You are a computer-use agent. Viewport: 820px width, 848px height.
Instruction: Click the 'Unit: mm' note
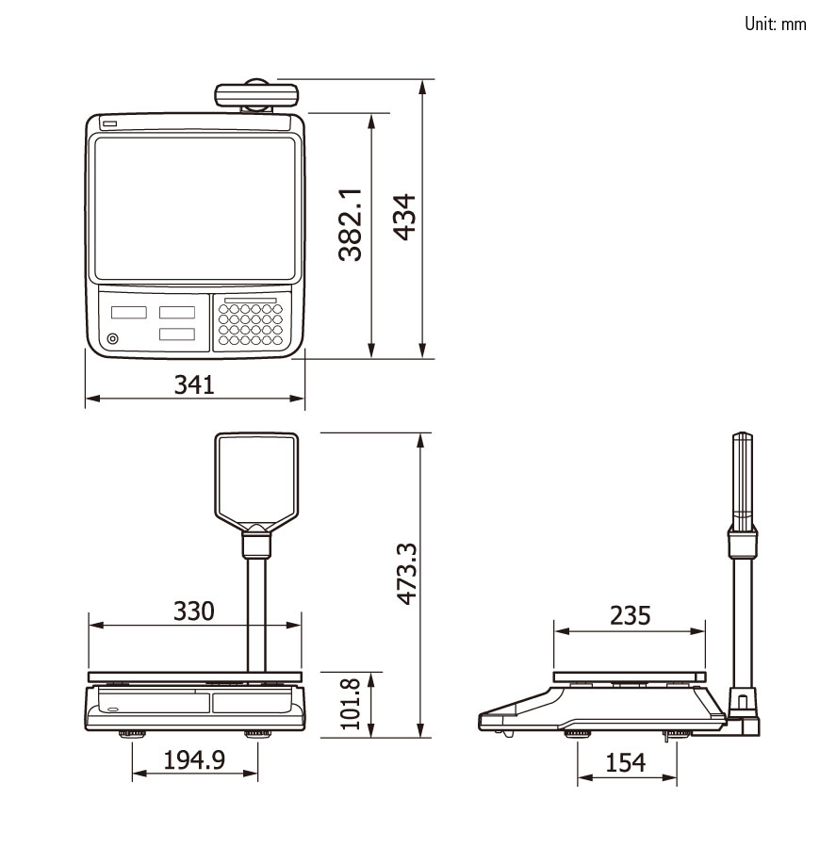click(775, 24)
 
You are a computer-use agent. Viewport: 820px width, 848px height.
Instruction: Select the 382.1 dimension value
click(350, 225)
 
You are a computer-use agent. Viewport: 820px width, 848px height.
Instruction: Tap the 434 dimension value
click(404, 217)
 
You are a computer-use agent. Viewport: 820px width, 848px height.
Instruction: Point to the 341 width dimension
click(194, 384)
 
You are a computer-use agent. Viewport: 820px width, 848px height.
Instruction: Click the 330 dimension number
click(193, 612)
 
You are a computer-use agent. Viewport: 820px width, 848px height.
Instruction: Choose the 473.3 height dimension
click(407, 574)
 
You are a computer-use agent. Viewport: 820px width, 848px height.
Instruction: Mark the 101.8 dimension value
click(350, 704)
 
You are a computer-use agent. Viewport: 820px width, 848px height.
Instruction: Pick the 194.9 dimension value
click(194, 759)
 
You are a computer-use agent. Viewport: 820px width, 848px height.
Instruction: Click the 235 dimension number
click(630, 615)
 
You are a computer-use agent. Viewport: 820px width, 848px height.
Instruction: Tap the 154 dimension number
click(625, 762)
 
